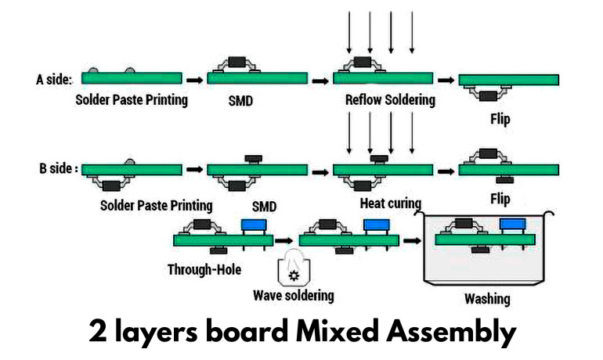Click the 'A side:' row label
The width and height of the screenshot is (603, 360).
[x=53, y=79]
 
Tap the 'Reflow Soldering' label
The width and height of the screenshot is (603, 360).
[x=390, y=100]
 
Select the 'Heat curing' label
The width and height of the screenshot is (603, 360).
[x=390, y=203]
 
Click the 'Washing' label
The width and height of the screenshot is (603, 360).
[x=487, y=298]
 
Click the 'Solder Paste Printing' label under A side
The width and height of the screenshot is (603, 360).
[x=132, y=100]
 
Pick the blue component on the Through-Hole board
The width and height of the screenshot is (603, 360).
[x=252, y=225]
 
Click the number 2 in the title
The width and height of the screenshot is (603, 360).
[x=98, y=332]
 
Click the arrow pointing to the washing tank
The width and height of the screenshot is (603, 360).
[x=410, y=240]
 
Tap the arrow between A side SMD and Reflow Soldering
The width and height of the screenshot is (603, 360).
[x=319, y=79]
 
